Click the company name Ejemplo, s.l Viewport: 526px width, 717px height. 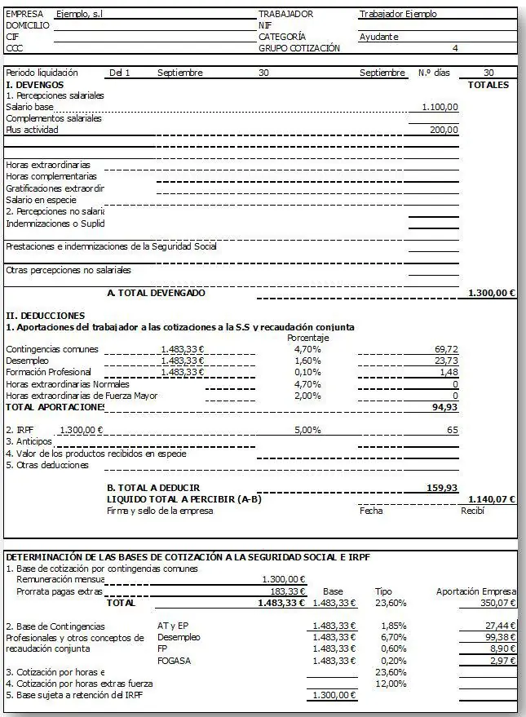[x=80, y=14]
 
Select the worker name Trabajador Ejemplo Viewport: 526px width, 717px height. [x=397, y=14]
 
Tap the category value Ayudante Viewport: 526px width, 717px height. [x=378, y=37]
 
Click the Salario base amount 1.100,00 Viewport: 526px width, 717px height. [x=440, y=107]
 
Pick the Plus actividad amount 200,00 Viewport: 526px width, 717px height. [x=444, y=130]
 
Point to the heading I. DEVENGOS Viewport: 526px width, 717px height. [x=35, y=85]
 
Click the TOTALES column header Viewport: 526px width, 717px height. [x=488, y=85]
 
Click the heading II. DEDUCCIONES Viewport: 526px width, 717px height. [x=46, y=315]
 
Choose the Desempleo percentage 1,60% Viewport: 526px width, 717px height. [x=307, y=361]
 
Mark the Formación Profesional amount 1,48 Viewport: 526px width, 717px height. [x=449, y=372]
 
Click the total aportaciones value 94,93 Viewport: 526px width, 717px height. [x=444, y=406]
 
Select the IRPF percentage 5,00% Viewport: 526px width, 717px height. [x=307, y=429]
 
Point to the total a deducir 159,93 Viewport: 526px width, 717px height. [x=441, y=488]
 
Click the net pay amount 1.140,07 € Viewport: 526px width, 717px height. [x=492, y=498]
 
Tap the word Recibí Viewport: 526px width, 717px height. [x=472, y=511]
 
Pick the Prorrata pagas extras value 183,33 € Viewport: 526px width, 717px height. [x=287, y=591]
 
